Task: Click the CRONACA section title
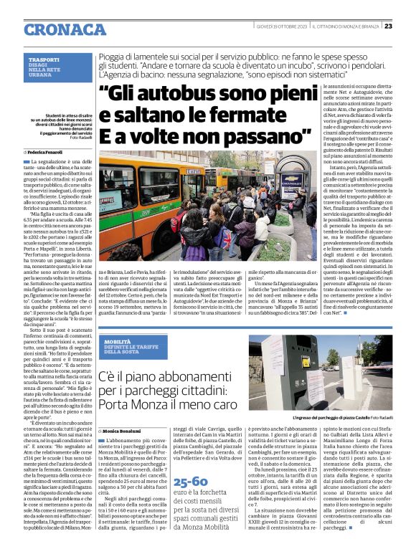(65, 29)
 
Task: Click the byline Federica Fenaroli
(47, 153)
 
